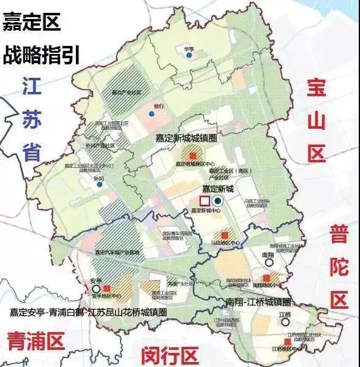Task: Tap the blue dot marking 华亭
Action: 189,56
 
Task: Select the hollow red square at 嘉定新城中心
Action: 204,201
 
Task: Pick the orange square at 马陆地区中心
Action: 223,235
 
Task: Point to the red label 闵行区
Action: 170,354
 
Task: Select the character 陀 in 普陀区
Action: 339,267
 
